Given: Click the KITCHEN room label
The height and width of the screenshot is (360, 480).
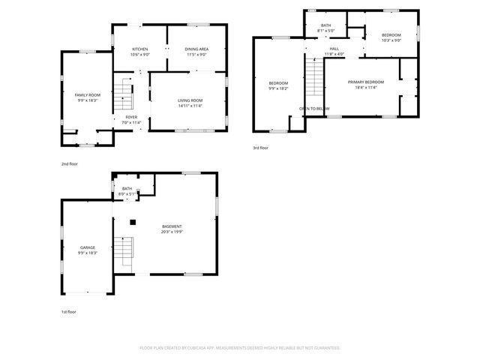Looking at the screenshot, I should pos(140,49).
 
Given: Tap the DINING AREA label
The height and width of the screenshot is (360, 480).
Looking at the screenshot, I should pos(196,49).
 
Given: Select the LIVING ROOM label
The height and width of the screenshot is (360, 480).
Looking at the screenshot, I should pos(190,100).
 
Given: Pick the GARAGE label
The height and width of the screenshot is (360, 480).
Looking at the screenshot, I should pos(88,247).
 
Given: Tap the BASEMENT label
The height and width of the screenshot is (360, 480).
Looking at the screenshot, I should pos(172,226).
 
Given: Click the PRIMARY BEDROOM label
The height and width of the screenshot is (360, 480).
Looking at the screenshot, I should pos(366,82).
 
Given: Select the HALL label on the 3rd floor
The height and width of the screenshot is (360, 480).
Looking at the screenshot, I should pos(334,49).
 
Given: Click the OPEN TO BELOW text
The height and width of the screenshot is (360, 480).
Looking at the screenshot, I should pos(314,109).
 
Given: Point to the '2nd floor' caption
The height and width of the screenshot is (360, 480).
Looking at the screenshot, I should pos(70,163).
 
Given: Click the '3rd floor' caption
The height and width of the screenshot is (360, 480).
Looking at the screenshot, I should pos(260,148).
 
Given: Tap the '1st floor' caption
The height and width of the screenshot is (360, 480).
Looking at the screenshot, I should pos(69,311).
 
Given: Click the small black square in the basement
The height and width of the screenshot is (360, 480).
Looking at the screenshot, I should pos(133,221).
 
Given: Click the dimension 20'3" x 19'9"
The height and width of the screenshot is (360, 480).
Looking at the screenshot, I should pos(172,232).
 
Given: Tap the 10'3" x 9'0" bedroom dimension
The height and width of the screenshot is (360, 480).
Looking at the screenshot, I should pos(391,40).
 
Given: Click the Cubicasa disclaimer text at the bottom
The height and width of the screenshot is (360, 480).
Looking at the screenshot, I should pos(240,347).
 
